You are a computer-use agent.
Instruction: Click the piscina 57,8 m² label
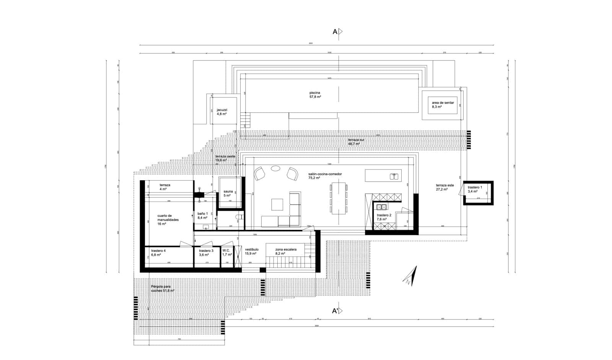(x=315, y=95)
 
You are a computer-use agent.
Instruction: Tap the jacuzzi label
(x=222, y=112)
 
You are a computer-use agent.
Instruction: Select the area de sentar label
(x=443, y=105)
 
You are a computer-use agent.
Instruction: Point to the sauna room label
(x=228, y=194)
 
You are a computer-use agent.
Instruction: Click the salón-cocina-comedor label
(x=325, y=176)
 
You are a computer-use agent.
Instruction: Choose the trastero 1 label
(x=475, y=189)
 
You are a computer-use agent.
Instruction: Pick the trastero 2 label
(x=384, y=217)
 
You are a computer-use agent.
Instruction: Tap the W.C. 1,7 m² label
(x=227, y=252)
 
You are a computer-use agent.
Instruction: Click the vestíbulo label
(x=251, y=251)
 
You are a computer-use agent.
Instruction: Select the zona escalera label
(x=286, y=251)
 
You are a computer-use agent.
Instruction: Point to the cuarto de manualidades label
(x=168, y=220)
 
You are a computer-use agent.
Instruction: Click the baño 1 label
(x=202, y=215)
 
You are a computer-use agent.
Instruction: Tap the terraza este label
(x=444, y=187)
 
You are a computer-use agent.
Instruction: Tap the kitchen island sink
(x=394, y=176)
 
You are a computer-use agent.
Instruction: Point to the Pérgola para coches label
(x=163, y=288)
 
